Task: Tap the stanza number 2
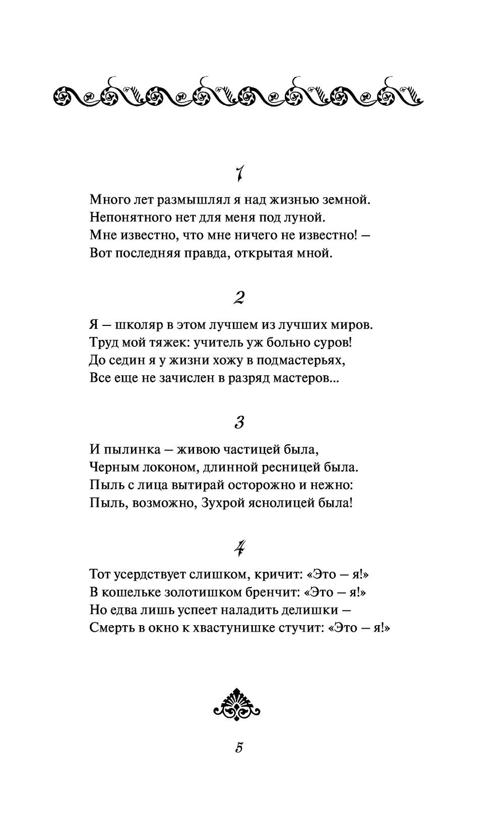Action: coord(239,299)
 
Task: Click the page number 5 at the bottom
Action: coord(239,748)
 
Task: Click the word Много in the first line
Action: coord(107,199)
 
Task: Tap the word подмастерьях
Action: coord(302,361)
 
